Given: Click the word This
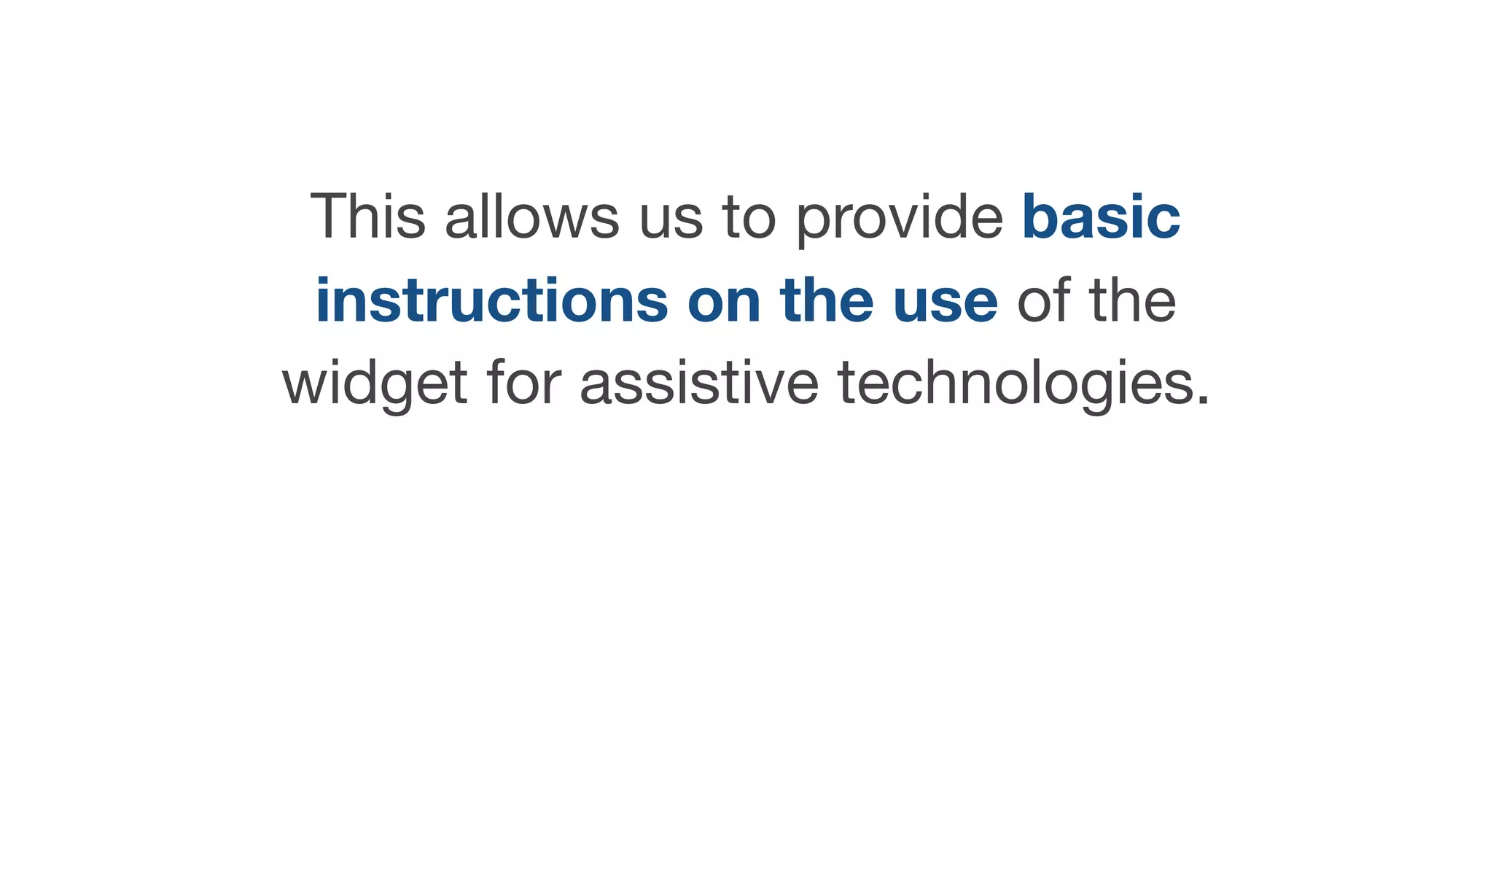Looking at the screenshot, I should point(367,216).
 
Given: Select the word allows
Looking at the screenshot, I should point(531,216).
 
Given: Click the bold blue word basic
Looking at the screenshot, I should point(1101,216).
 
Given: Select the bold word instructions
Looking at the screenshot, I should point(491,300).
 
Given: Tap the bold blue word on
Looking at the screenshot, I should point(724,303).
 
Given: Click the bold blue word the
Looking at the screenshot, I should point(827,300).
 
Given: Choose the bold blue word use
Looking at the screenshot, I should point(946,303).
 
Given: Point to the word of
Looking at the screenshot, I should point(1043,300).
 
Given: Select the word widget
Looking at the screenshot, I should point(375,384).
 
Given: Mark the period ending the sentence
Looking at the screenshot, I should point(1203,400).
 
